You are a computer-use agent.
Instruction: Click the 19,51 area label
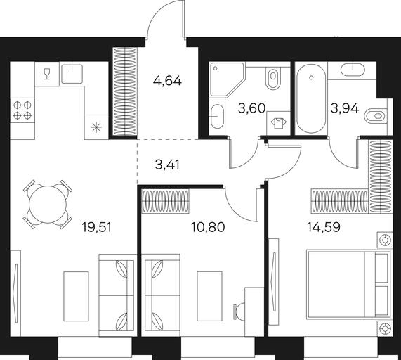[x=97, y=227]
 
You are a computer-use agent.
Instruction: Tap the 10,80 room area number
[x=208, y=227]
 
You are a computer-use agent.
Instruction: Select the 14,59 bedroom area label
[x=324, y=227]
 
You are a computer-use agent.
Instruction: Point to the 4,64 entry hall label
[x=167, y=81]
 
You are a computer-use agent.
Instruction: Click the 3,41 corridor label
[x=167, y=165]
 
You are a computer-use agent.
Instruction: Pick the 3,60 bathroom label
[x=252, y=108]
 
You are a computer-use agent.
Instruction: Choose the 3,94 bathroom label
[x=345, y=108]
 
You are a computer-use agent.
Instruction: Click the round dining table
[x=48, y=204]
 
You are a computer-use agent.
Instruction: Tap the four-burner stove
[x=22, y=110]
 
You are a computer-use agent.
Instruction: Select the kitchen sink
[x=72, y=74]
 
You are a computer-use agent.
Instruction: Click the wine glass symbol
[x=46, y=74]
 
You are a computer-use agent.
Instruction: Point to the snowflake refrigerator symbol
[x=96, y=127]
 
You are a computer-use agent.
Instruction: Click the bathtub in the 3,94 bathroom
[x=311, y=98]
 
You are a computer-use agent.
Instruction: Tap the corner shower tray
[x=226, y=79]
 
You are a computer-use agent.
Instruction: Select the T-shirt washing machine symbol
[x=279, y=123]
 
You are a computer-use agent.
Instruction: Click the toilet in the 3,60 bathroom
[x=273, y=77]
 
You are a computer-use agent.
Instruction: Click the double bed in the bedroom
[x=349, y=285]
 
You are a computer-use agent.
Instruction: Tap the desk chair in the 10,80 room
[x=239, y=312]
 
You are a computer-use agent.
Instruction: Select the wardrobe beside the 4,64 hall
[x=125, y=91]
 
